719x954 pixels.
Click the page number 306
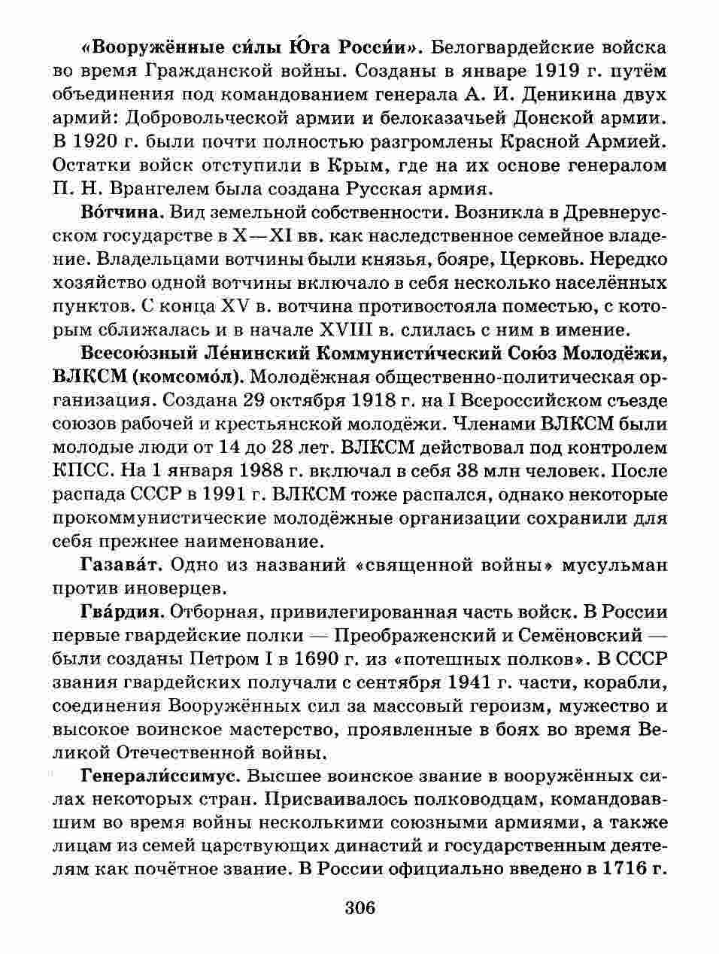(x=359, y=907)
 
